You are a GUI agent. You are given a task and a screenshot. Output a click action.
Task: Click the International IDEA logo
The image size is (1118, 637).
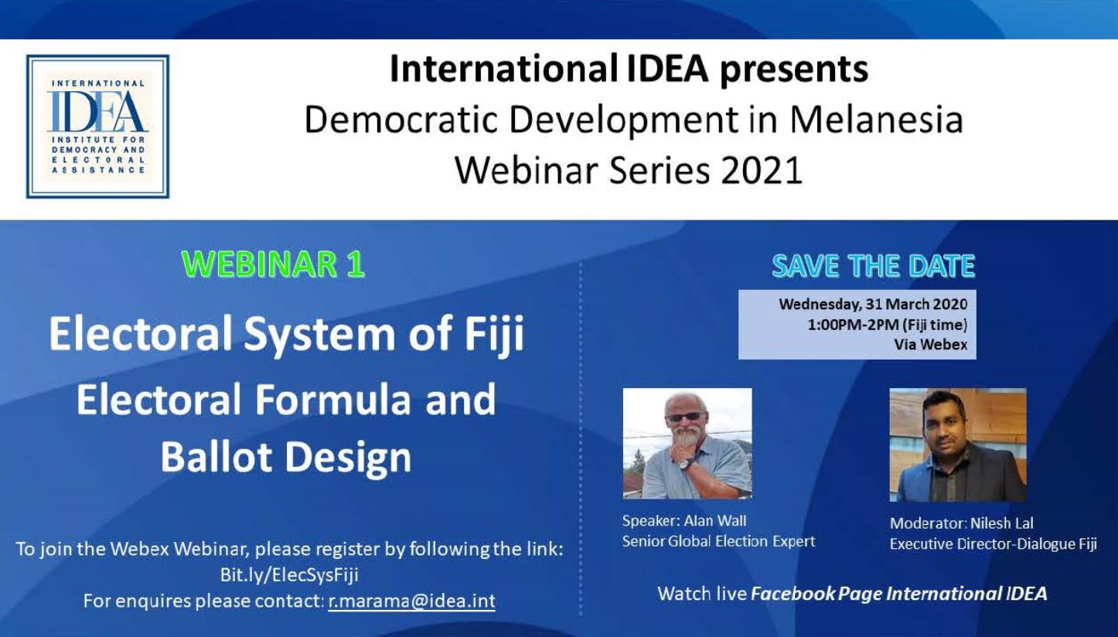(x=98, y=126)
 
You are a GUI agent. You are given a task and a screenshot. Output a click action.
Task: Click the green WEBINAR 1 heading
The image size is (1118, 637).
(x=274, y=264)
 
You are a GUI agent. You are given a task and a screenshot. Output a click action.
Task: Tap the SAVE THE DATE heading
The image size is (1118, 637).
(x=874, y=266)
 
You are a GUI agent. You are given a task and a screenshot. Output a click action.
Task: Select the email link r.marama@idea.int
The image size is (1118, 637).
(x=412, y=601)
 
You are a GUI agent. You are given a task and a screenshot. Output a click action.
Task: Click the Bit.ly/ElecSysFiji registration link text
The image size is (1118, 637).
(x=289, y=575)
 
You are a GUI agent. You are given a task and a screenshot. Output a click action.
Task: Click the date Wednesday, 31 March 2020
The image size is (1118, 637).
(x=873, y=304)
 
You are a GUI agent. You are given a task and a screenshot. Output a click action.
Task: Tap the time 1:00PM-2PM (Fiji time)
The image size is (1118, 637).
(x=888, y=325)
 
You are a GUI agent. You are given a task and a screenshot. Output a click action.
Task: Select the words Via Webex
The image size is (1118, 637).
(x=930, y=345)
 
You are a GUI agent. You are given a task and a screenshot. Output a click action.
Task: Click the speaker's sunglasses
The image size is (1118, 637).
(x=685, y=417)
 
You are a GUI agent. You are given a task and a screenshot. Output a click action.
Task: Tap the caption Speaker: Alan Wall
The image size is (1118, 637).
(x=684, y=521)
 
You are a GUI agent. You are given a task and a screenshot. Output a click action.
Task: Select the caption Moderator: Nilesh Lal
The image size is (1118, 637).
(x=961, y=523)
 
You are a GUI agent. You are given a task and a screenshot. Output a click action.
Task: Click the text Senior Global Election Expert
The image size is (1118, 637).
(x=719, y=541)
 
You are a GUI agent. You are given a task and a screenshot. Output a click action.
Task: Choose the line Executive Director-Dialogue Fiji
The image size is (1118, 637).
(x=994, y=543)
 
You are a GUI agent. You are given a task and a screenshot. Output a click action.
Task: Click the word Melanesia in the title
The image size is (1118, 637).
(x=876, y=120)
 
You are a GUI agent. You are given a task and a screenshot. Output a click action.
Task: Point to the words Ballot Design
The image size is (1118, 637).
(x=286, y=457)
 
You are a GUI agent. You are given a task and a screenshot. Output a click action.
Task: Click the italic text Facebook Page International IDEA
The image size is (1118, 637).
(x=899, y=594)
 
